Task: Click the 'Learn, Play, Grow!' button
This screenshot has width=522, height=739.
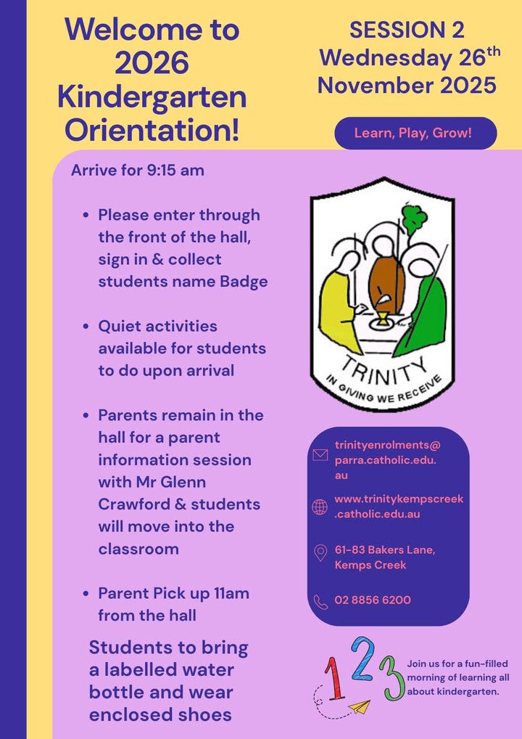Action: (415, 134)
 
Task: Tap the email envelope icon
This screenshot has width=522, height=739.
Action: (320, 455)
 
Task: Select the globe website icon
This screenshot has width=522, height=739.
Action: (320, 507)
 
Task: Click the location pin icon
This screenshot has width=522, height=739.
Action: (320, 554)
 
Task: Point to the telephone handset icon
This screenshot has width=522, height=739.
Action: (320, 601)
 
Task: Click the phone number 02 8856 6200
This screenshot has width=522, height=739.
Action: (373, 600)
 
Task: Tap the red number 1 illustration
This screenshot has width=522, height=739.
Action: (334, 677)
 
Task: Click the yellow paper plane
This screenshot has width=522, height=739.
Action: (357, 706)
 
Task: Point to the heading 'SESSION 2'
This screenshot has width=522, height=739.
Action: (407, 30)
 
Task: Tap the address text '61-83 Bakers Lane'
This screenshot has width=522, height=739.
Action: (384, 550)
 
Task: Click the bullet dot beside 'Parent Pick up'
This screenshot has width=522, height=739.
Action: (86, 593)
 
